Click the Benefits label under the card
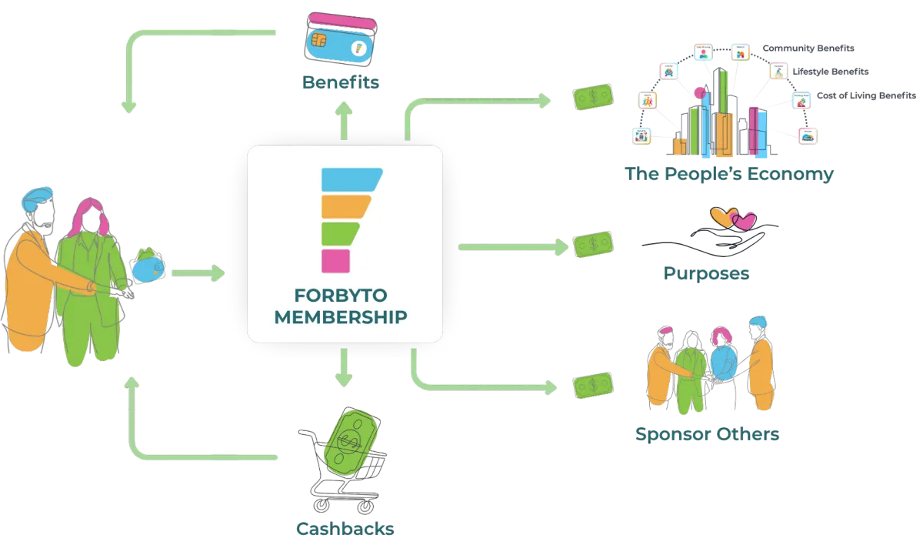click(x=342, y=82)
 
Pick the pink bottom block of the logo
click(x=335, y=260)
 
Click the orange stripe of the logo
click(x=345, y=206)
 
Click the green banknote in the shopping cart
click(x=352, y=443)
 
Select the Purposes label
click(x=706, y=273)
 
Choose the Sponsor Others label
click(x=707, y=434)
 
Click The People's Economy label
click(x=729, y=174)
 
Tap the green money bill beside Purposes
click(x=594, y=245)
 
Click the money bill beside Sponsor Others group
click(x=595, y=385)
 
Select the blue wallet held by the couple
click(x=148, y=267)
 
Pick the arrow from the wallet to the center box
click(x=198, y=272)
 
